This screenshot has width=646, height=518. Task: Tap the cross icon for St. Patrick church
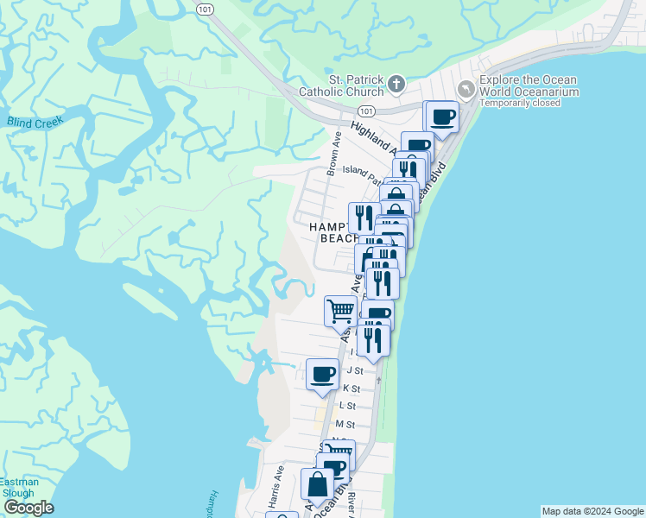click(396, 84)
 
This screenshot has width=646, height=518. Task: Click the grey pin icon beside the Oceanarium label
click(466, 89)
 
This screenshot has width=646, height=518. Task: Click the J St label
click(354, 370)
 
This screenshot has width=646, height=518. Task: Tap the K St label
click(351, 388)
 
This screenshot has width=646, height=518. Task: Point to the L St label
click(348, 405)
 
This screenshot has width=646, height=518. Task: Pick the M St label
click(345, 424)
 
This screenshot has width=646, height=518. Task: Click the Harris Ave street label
click(275, 486)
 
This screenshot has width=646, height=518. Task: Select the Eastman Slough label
click(17, 487)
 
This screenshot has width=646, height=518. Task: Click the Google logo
click(28, 507)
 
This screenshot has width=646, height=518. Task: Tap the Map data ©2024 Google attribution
click(592, 511)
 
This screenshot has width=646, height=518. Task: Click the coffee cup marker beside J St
click(322, 376)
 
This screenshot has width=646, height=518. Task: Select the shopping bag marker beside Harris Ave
click(317, 485)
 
